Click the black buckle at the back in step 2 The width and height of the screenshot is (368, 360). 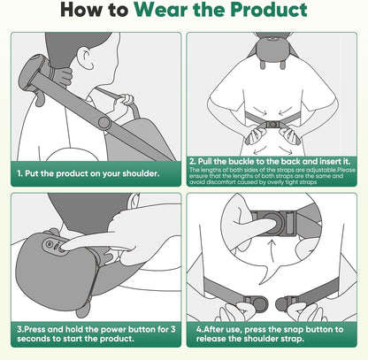pos(272,126)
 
